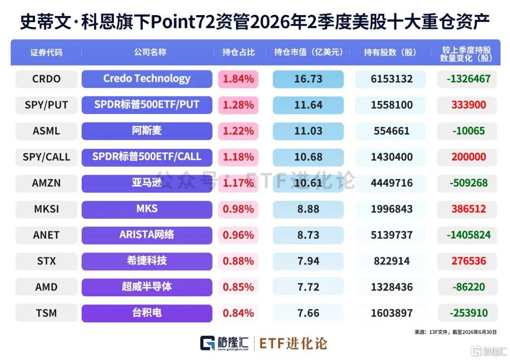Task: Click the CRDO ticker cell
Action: [x=46, y=79]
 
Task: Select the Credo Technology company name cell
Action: [x=147, y=79]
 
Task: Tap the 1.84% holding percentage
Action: [x=238, y=79]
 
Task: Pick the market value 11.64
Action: [x=308, y=105]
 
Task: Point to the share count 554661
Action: [x=391, y=131]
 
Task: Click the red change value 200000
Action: [x=468, y=157]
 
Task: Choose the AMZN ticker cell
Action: [x=46, y=183]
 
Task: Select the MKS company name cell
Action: [x=147, y=209]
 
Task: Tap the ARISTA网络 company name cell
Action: [x=147, y=235]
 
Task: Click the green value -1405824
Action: [x=468, y=235]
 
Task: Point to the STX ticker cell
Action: [x=46, y=261]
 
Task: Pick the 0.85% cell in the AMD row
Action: [x=238, y=287]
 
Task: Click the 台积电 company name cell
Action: [x=147, y=313]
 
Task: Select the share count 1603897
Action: [x=391, y=313]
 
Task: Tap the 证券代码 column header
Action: [x=46, y=52]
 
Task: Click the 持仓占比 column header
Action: [x=238, y=52]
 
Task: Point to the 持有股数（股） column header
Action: [x=390, y=52]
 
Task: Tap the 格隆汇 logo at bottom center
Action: [x=224, y=343]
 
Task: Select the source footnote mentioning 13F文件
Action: [x=455, y=332]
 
